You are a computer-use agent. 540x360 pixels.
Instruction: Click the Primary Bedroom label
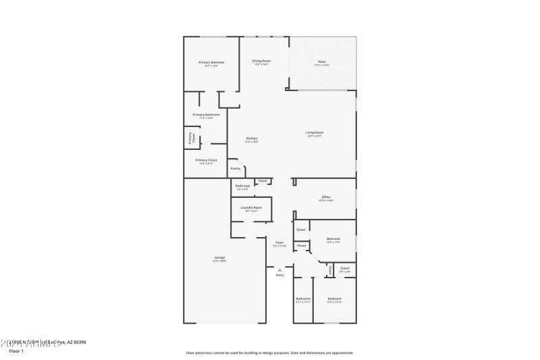pos(211,63)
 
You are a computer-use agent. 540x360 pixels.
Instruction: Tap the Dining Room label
pos(261,61)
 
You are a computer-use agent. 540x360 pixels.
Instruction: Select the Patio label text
pos(322,62)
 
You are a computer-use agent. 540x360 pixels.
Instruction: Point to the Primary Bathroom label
pos(206,115)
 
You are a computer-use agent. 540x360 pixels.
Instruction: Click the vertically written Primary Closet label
pos(190,138)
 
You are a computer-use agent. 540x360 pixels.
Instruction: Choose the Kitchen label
pos(251,139)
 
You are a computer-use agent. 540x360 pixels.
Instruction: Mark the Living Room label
pos(315,132)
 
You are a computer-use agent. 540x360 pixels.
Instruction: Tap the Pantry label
pos(235,168)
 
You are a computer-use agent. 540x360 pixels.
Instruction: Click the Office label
pos(325,197)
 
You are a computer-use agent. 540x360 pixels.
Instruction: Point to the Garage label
pos(219,257)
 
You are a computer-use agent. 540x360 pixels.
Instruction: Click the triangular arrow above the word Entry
pos(279,269)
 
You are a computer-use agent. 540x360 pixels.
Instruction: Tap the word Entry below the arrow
pos(279,275)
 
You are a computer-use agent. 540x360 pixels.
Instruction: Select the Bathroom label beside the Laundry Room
pos(242,186)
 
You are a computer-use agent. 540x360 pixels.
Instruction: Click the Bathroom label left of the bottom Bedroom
pos(303,299)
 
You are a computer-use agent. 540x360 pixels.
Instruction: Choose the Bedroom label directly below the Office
pos(333,238)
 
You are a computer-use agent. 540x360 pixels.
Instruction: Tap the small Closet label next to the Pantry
pos(263,180)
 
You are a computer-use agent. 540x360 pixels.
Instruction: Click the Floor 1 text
pos(16,351)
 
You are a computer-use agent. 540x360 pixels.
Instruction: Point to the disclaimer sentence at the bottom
pos(269,353)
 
